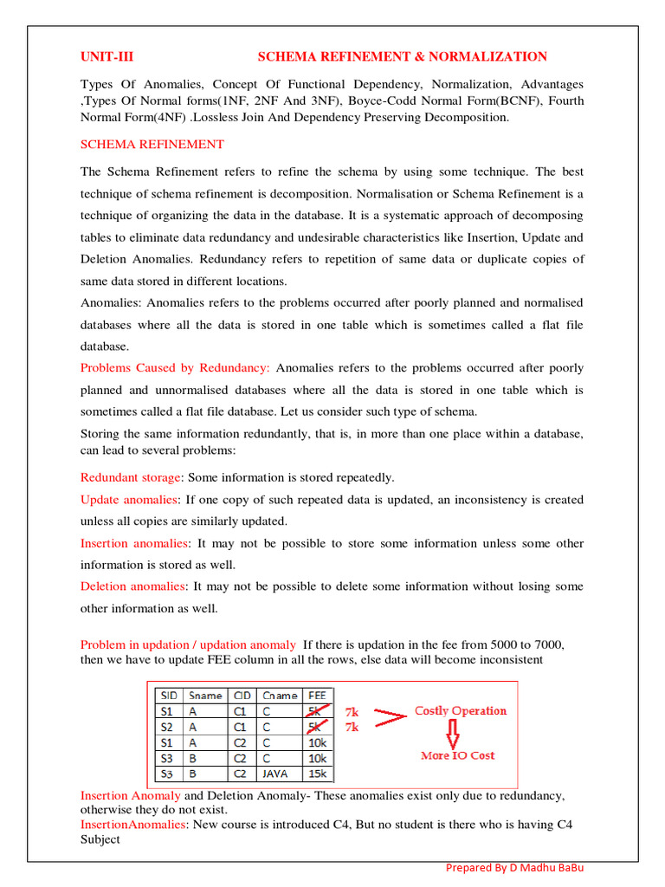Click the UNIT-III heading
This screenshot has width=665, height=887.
[107, 57]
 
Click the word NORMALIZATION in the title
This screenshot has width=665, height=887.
[491, 57]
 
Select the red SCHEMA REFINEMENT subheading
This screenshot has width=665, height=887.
[152, 144]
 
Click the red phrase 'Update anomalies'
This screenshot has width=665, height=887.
[129, 500]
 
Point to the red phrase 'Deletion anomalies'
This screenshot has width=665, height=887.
[132, 586]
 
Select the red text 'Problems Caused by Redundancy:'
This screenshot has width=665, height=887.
[175, 368]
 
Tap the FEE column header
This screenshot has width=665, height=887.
[317, 695]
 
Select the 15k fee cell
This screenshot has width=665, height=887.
[317, 774]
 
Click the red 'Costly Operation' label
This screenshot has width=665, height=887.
[461, 711]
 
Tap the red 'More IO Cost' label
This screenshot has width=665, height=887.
[457, 755]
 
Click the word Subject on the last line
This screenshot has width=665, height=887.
[100, 839]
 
